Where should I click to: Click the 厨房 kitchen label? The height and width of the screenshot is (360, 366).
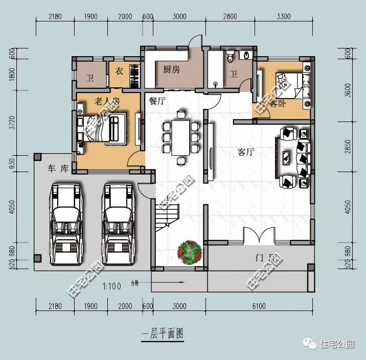pyautogui.click(x=171, y=70)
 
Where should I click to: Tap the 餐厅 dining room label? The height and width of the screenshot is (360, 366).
pyautogui.click(x=156, y=101)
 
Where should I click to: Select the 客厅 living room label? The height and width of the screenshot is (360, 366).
pyautogui.click(x=246, y=152)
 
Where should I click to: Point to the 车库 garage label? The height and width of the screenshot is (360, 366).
pyautogui.click(x=58, y=169)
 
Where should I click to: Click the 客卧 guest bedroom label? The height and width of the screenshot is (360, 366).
pyautogui.click(x=278, y=104)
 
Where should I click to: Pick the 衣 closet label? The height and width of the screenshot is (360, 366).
pyautogui.click(x=119, y=71)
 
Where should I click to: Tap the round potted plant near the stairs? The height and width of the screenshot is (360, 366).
pyautogui.click(x=190, y=252)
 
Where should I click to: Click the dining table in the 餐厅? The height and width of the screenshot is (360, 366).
pyautogui.click(x=180, y=137)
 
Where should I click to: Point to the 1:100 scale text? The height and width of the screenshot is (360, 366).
pyautogui.click(x=111, y=286)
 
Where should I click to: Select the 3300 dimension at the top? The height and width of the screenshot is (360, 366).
pyautogui.click(x=283, y=16)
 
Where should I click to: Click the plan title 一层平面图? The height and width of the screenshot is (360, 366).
pyautogui.click(x=163, y=334)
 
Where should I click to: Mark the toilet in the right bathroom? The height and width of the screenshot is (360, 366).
pyautogui.click(x=230, y=56)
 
